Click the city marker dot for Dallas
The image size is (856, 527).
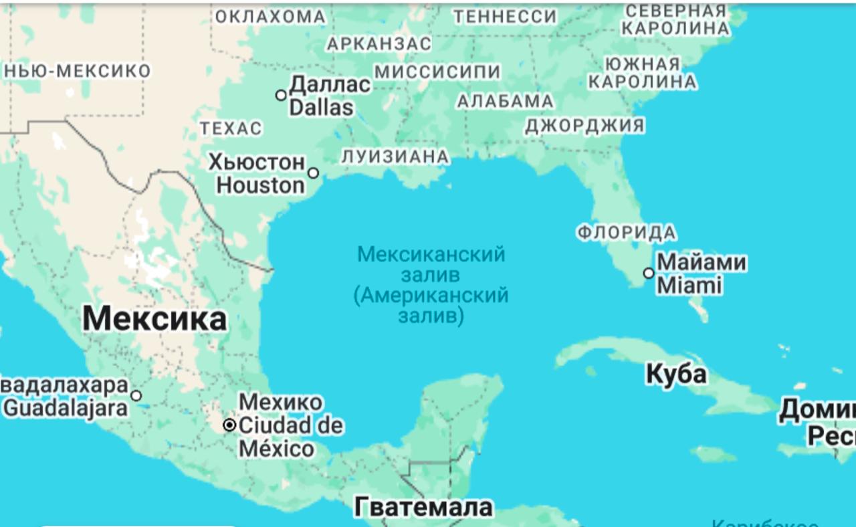coord(281,95)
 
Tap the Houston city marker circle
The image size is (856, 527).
coord(313,173)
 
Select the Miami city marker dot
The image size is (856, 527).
coord(648,273)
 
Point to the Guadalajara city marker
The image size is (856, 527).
coord(136,395)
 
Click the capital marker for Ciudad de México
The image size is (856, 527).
coord(229,425)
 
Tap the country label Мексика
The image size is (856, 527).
coord(154,320)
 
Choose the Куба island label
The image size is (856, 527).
coord(676,374)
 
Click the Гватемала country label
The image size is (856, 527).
coord(423,507)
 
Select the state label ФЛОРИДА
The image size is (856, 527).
coord(627,233)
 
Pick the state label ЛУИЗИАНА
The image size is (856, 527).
coord(395,156)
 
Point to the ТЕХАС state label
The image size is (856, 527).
coord(231,128)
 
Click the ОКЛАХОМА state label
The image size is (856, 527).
coord(270,17)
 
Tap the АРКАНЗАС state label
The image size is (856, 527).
coord(379,44)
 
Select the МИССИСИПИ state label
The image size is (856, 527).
coord(437,72)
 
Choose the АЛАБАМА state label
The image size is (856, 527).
coord(505,102)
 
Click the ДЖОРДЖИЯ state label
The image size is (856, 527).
coord(584,126)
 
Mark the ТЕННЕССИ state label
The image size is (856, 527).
coord(505,17)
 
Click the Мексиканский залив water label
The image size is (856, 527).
coord(431,265)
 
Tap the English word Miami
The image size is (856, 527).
coord(689,286)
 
